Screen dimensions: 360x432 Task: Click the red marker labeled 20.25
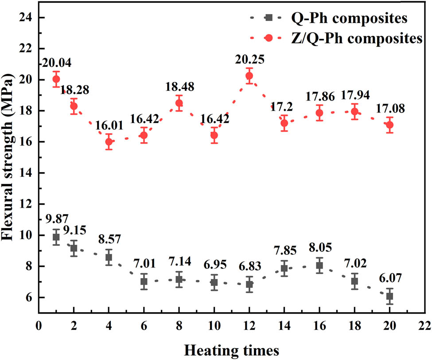249,76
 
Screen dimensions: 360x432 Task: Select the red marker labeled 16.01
109,142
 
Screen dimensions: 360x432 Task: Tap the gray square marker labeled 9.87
56,237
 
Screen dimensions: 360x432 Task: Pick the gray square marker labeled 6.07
389,296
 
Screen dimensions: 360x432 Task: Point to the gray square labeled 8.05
319,265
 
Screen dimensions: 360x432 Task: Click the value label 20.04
57,63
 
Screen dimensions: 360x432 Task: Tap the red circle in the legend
268,39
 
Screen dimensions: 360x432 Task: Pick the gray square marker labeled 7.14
179,279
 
